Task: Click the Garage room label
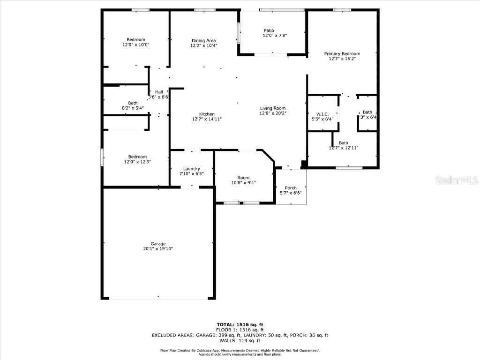(158, 244)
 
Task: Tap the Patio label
(269, 30)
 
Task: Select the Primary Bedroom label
(342, 54)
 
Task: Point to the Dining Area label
(203, 40)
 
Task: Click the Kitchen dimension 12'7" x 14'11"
(207, 120)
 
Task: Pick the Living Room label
(273, 108)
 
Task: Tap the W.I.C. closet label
(322, 114)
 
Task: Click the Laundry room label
(192, 169)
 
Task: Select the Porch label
(291, 187)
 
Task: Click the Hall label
(159, 92)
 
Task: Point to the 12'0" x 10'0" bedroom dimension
(135, 45)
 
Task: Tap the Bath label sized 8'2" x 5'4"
(133, 103)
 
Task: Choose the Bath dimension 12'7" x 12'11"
(344, 148)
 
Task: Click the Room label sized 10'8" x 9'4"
(243, 178)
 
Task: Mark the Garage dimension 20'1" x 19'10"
(158, 249)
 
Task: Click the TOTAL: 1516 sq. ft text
(240, 324)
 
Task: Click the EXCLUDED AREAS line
(240, 335)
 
